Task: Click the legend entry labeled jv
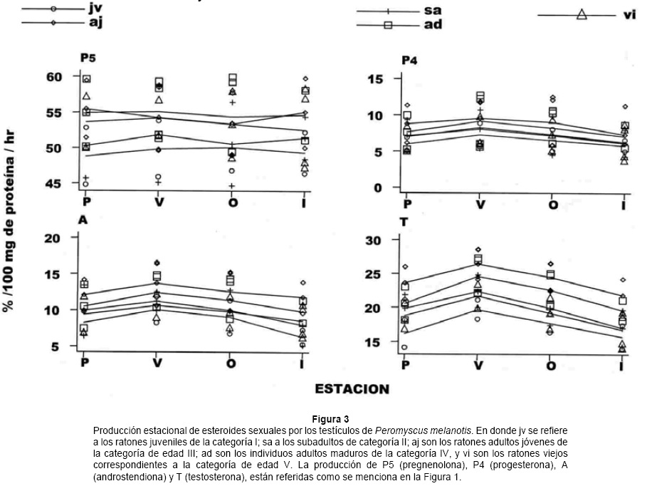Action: click(x=95, y=9)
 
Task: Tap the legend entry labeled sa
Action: click(x=432, y=11)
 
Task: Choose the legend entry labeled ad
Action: click(x=432, y=24)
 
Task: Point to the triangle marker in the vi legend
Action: click(x=582, y=14)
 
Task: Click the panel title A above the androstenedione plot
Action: click(x=83, y=220)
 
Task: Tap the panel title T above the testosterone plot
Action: click(x=404, y=222)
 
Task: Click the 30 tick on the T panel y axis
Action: click(x=374, y=240)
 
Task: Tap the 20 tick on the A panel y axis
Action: click(x=53, y=238)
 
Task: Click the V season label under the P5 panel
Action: click(x=159, y=202)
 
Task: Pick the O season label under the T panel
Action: click(x=552, y=365)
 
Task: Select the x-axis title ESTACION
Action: click(x=353, y=389)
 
